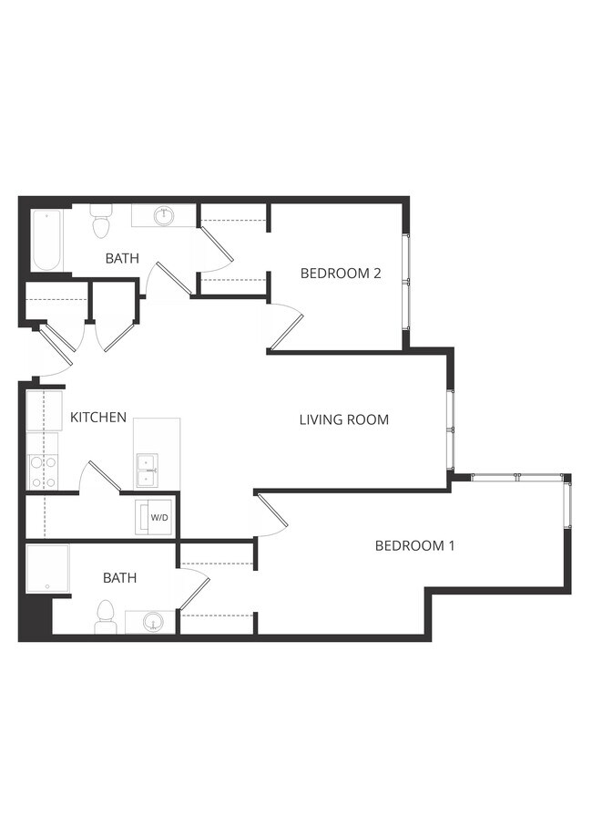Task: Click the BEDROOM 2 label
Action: pyautogui.click(x=340, y=274)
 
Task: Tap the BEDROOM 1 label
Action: pyautogui.click(x=414, y=546)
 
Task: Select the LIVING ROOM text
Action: pyautogui.click(x=343, y=420)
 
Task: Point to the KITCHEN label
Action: pyautogui.click(x=98, y=418)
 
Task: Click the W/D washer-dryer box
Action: pyautogui.click(x=157, y=517)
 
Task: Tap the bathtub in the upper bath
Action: pyautogui.click(x=47, y=240)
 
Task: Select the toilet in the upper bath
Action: pyautogui.click(x=100, y=222)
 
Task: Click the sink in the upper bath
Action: pyautogui.click(x=164, y=216)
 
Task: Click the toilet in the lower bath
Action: pyautogui.click(x=105, y=616)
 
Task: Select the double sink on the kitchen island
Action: pyautogui.click(x=145, y=471)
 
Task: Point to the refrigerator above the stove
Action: pyautogui.click(x=42, y=411)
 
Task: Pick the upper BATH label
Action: pyautogui.click(x=122, y=259)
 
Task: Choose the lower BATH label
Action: pyautogui.click(x=119, y=578)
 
